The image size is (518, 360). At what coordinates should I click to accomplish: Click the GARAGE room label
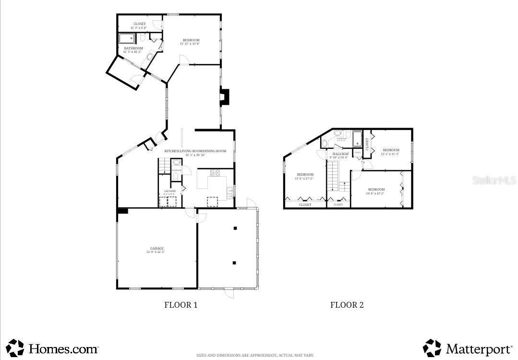[x=157, y=249]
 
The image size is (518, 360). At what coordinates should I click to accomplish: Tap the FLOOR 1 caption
[x=181, y=305]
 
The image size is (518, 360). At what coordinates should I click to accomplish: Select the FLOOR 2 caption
[x=347, y=305]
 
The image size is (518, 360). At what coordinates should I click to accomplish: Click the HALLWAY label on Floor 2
[x=341, y=154]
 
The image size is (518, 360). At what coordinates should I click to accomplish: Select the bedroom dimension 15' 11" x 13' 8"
[x=190, y=44]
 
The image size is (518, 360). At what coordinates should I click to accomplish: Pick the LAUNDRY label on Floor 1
[x=170, y=191]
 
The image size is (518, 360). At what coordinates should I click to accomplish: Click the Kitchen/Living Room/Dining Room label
[x=195, y=151]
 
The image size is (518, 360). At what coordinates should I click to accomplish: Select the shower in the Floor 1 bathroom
[x=127, y=38]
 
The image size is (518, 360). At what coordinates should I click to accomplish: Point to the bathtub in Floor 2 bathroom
[x=357, y=139]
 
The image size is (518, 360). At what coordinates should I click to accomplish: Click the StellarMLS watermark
[x=494, y=180]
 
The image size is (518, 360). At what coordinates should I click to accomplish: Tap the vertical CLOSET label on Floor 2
[x=368, y=144]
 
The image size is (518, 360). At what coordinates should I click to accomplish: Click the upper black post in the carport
[x=235, y=228]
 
